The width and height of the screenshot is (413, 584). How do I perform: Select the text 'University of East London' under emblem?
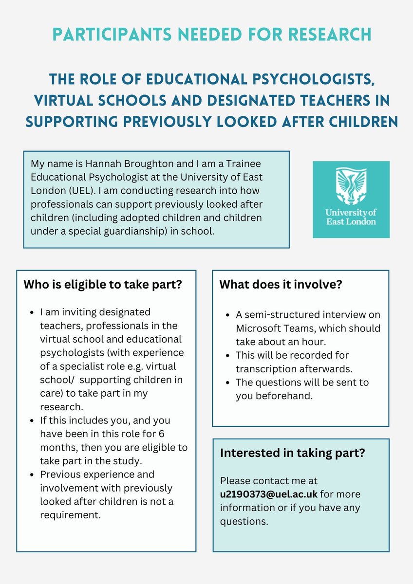(351, 217)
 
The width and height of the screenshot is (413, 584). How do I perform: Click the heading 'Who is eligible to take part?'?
(103, 284)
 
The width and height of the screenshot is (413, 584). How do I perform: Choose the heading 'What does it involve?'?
(281, 284)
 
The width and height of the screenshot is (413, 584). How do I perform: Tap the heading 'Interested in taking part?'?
(293, 453)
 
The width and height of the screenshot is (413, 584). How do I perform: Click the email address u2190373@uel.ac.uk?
(269, 494)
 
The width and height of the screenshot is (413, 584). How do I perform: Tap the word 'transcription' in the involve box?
(263, 369)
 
